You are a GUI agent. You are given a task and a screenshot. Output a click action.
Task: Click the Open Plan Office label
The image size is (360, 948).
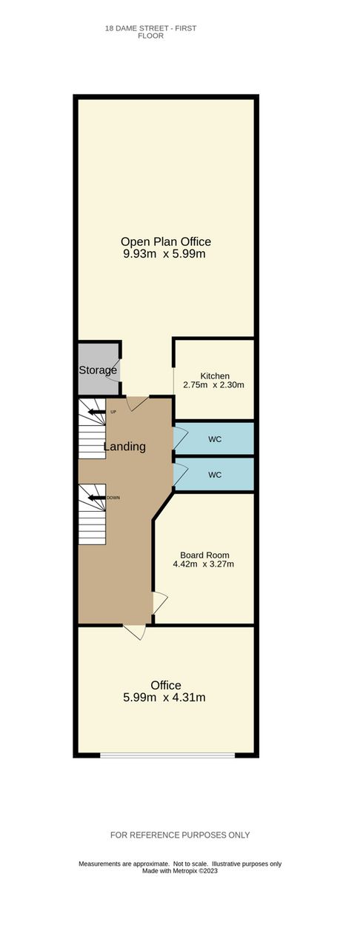point(166,241)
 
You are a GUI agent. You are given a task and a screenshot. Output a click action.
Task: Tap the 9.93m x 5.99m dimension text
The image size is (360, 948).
point(164,254)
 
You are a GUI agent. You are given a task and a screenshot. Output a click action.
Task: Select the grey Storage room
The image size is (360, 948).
point(99,367)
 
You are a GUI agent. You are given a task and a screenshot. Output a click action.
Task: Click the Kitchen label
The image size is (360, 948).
point(215,375)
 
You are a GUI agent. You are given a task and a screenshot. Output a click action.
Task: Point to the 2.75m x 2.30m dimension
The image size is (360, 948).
point(213,385)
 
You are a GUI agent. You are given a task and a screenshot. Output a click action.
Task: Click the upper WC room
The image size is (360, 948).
point(214,439)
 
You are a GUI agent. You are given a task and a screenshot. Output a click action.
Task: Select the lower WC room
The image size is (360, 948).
point(214,475)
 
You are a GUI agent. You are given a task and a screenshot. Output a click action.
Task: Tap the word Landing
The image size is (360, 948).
point(124,447)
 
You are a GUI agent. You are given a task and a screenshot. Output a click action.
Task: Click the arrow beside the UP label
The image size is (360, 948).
point(96,412)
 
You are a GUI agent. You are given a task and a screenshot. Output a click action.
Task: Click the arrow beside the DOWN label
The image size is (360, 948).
point(96,498)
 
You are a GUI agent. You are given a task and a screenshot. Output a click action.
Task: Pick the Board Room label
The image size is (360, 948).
point(204,555)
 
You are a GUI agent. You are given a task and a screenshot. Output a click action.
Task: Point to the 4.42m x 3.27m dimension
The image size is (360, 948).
point(203,564)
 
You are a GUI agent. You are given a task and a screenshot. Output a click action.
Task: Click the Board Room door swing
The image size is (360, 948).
point(160,602)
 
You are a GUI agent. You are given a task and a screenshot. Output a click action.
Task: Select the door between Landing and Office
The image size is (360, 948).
point(135,632)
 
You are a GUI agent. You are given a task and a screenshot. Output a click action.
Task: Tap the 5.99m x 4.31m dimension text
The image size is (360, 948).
point(164,698)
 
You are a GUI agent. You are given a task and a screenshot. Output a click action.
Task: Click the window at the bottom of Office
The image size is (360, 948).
point(167,755)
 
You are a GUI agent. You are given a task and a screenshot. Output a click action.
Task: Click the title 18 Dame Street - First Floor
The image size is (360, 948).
point(151,32)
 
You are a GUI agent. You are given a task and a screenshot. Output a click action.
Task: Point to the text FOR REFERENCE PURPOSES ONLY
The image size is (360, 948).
point(180,835)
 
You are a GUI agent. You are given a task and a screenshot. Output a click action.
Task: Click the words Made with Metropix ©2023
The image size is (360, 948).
point(180,871)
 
